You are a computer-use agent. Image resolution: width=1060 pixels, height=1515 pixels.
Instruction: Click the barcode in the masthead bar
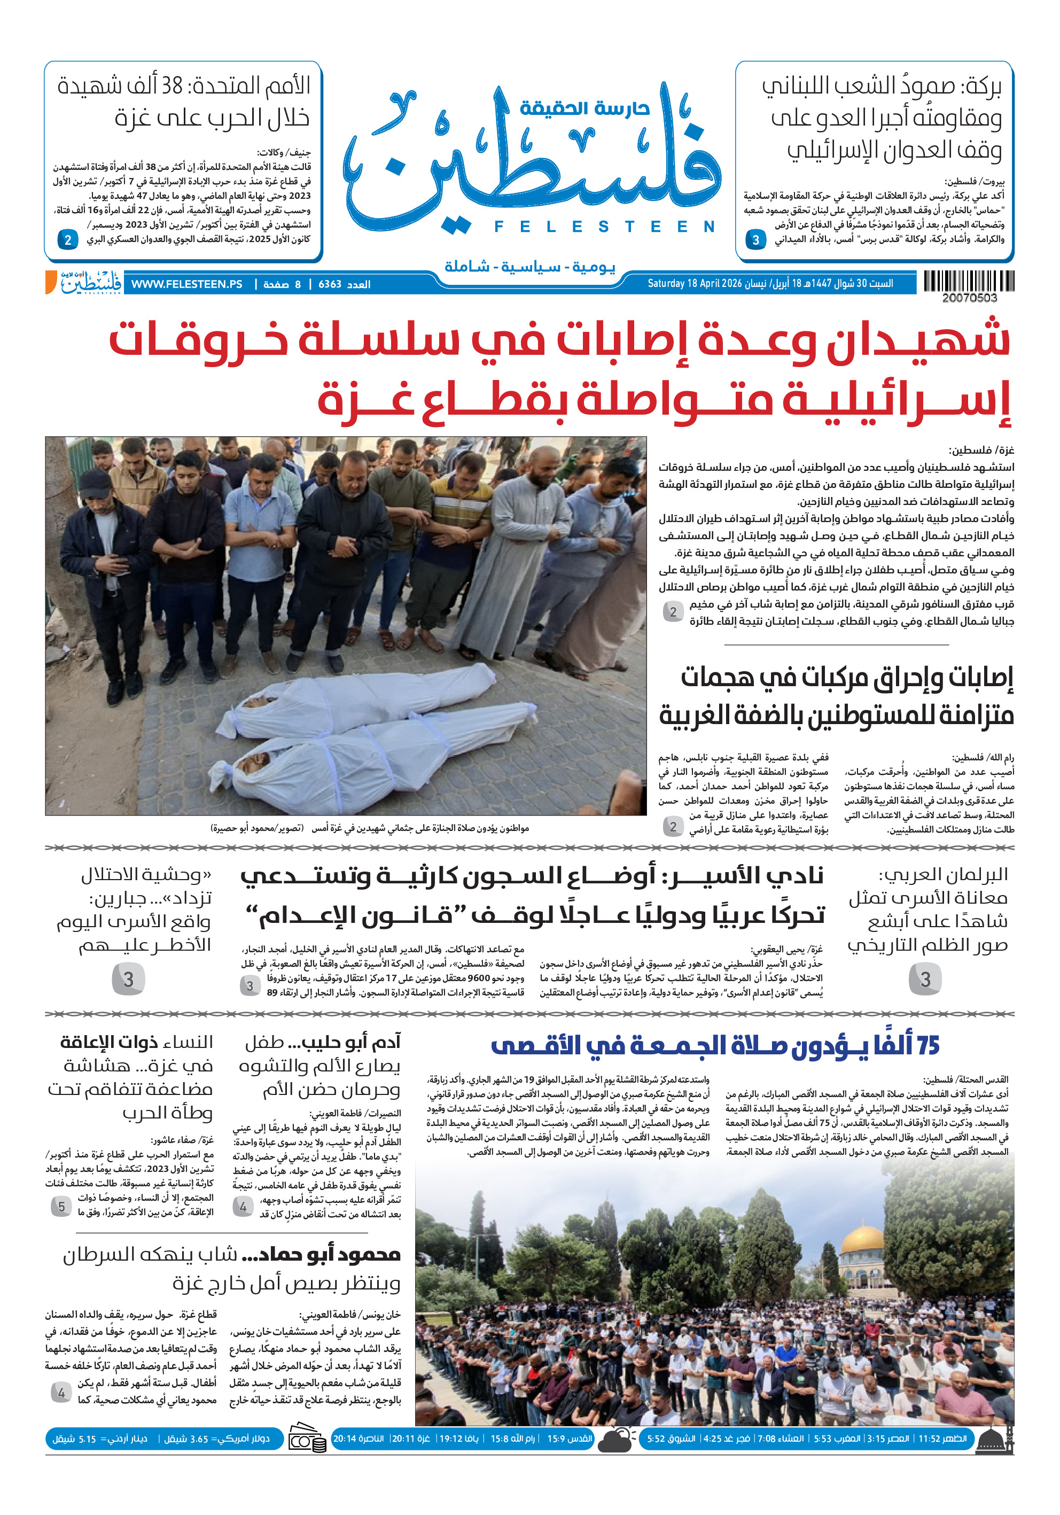968,281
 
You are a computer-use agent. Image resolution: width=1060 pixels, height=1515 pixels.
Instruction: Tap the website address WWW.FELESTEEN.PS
186,284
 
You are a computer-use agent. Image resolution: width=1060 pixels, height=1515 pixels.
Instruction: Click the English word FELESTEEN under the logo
604,227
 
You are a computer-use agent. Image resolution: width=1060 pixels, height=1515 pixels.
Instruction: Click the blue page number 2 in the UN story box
68,239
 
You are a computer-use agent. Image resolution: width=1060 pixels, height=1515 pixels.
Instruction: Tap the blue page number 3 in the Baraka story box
756,240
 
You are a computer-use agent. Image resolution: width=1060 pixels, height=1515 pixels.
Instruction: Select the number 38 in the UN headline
172,86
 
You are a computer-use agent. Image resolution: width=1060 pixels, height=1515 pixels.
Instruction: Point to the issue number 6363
330,284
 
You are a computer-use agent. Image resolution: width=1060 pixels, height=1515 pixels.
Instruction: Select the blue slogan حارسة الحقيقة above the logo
585,108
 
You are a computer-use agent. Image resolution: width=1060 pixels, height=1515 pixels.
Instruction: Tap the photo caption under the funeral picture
369,828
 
